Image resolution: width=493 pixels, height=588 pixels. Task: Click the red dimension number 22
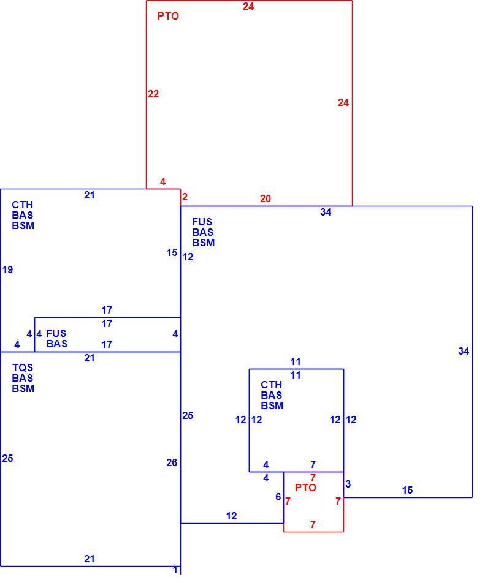point(153,94)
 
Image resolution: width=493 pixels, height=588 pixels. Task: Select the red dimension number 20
point(266,198)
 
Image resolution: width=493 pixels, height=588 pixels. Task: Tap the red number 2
point(185,197)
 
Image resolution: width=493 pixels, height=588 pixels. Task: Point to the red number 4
point(162,181)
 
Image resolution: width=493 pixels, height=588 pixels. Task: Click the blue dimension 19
point(7,269)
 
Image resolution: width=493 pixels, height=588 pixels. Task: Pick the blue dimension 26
point(172,463)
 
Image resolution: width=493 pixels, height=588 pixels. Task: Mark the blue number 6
point(278,497)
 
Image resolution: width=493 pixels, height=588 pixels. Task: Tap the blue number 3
point(348,484)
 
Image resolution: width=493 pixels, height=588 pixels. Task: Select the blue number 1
point(175,570)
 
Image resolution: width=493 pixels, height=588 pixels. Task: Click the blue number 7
point(313,465)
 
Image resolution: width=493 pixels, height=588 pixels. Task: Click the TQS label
point(23,367)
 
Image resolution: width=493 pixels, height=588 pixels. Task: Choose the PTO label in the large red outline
point(168,16)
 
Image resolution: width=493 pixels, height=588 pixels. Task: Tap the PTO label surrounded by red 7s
point(305,488)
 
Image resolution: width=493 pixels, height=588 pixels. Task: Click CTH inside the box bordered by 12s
point(272,385)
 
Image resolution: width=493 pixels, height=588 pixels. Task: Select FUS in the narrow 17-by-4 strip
point(56,333)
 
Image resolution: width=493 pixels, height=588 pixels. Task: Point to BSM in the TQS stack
point(23,388)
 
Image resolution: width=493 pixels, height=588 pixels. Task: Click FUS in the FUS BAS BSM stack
point(202,222)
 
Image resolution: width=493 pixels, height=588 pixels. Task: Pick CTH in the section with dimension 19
point(23,205)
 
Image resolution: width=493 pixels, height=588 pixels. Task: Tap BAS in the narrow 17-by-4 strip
point(57,344)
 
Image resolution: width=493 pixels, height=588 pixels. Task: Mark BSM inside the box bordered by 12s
point(272,405)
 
